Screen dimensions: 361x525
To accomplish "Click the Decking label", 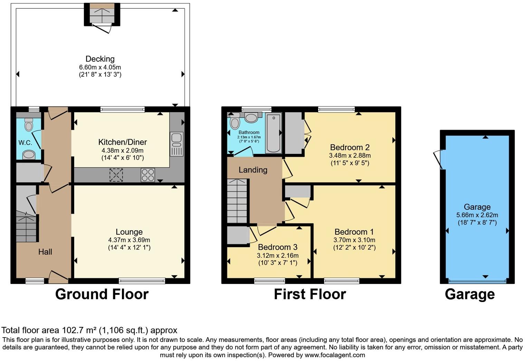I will tap(100, 59).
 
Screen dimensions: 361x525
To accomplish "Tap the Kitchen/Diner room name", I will tap(122, 142).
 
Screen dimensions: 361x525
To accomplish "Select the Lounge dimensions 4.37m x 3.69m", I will tap(129, 240).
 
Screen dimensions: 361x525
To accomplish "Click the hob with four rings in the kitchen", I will tap(147, 175).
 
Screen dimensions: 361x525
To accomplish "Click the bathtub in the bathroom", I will tap(273, 133).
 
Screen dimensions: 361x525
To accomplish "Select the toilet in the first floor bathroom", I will tap(235, 123).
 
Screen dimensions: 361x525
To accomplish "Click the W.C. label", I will tap(25, 143).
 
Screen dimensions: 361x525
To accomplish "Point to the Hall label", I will tap(45, 252).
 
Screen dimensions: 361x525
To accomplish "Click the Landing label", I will tap(253, 170).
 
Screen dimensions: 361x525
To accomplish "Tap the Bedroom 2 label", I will tap(350, 147).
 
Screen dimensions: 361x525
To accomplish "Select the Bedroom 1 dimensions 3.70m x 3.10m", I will tap(354, 240).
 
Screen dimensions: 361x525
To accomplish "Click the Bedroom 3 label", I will tap(277, 247).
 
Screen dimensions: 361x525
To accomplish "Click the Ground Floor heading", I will tap(102, 294).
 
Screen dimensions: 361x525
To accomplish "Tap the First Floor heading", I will tap(310, 294).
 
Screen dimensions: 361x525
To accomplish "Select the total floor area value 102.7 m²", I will tap(79, 330).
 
